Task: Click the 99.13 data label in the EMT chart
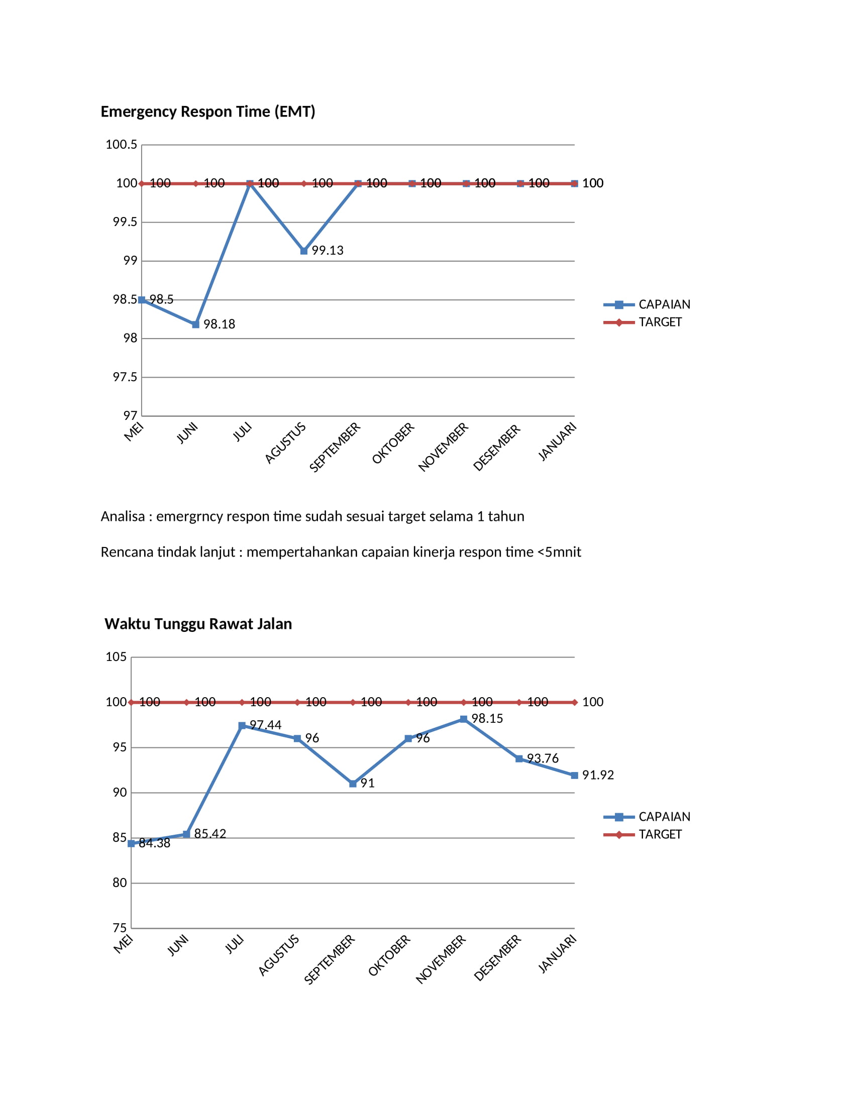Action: pos(328,251)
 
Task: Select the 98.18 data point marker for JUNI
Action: pos(196,324)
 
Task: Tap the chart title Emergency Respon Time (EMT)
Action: pos(208,112)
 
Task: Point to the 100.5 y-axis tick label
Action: pos(122,145)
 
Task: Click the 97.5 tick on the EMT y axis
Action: pos(125,377)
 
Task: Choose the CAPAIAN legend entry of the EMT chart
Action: pos(647,304)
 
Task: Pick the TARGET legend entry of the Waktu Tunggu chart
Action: pos(643,834)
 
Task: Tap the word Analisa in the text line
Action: pos(123,516)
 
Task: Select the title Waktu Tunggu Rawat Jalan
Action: pos(198,624)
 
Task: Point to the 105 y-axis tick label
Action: pos(116,657)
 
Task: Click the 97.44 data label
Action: pos(266,725)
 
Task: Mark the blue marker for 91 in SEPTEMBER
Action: pos(353,784)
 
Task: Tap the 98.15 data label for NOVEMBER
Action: pos(487,718)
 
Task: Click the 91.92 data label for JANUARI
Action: pos(598,775)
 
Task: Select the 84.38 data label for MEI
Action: pos(155,843)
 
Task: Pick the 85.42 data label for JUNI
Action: pos(210,834)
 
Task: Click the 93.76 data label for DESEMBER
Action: pos(543,758)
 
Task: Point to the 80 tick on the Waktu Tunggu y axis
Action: pos(120,883)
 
